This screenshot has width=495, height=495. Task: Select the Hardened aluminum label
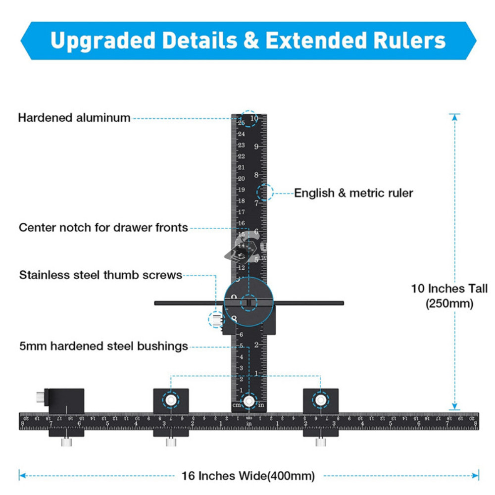74,118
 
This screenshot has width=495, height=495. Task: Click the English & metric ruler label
353,193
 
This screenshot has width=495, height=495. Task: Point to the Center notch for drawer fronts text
103,228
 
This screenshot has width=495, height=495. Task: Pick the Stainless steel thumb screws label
100,275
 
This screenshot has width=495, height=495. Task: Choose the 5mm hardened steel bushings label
103,346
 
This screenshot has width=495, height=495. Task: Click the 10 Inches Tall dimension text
449,289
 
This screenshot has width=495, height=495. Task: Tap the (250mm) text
449,303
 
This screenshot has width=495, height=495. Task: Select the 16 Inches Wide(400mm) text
248,476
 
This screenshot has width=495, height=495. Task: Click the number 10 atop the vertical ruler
254,118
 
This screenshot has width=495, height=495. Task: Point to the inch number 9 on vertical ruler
256,147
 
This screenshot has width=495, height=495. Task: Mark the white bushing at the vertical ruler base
248,400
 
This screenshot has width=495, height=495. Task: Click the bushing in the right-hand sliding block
321,399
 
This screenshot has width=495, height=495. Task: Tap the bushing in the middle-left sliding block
171,399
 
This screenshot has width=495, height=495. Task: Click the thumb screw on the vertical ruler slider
216,319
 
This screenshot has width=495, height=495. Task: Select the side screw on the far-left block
39,396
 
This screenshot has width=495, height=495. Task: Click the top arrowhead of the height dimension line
454,117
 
